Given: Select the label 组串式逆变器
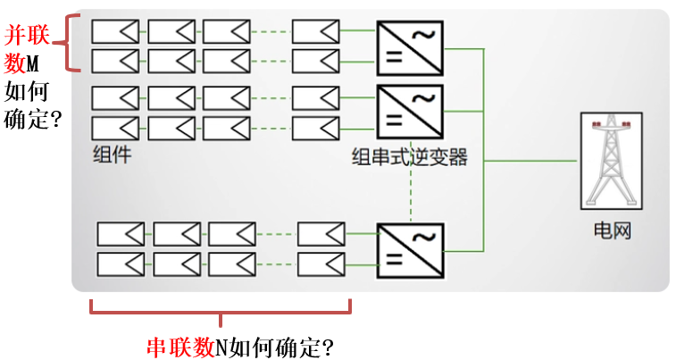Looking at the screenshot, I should pyautogui.click(x=410, y=158).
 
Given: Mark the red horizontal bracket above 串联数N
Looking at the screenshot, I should pyautogui.click(x=221, y=308).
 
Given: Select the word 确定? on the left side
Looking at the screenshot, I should pyautogui.click(x=33, y=117).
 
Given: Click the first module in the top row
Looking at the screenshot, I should pyautogui.click(x=115, y=31).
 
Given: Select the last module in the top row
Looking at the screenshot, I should pyautogui.click(x=315, y=31).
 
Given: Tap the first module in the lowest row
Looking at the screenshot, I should pyautogui.click(x=121, y=264).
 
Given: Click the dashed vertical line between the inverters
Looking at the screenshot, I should pyautogui.click(x=410, y=188).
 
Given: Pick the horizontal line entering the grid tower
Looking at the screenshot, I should pyautogui.click(x=531, y=161).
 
